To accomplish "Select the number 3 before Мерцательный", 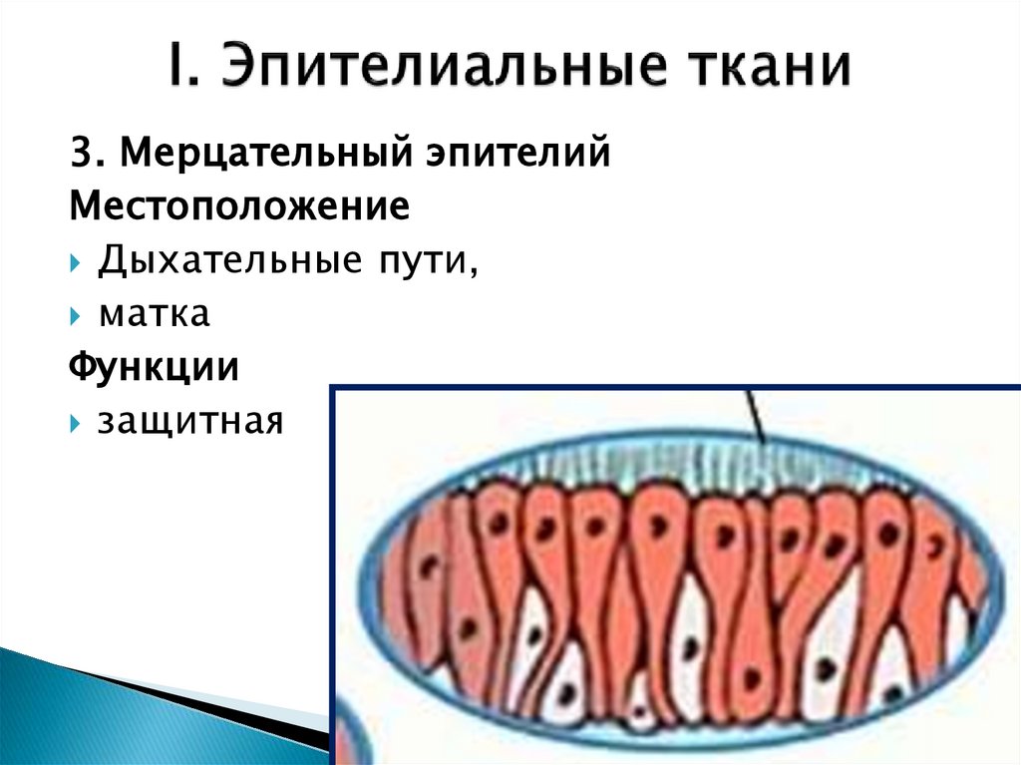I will coord(80,155).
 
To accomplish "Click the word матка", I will coord(154,315).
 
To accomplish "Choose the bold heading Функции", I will coord(154,368).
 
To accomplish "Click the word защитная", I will coord(190,423).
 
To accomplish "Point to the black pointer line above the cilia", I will coord(755,413).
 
